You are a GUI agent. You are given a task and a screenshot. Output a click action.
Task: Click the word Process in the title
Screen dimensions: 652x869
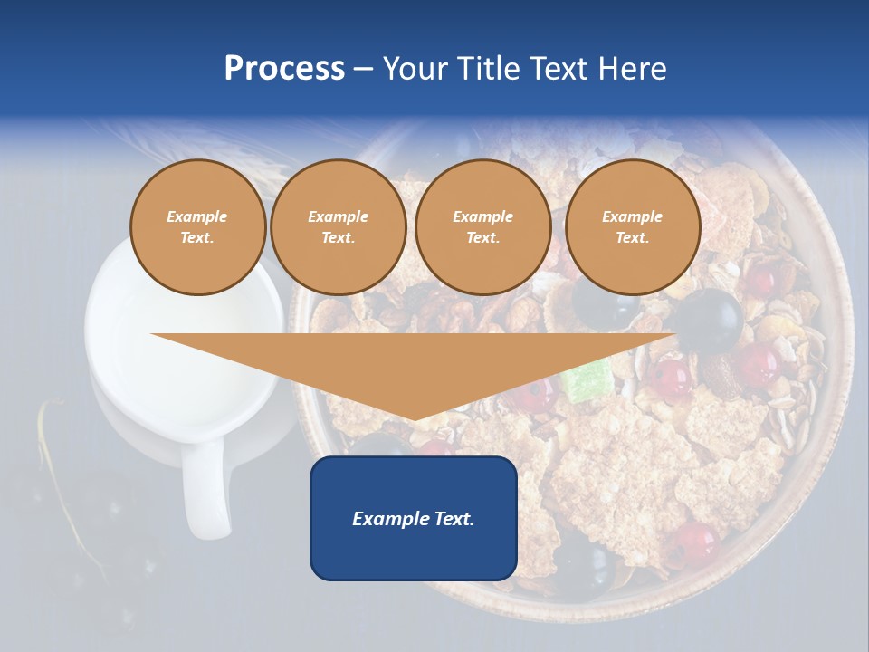[284, 69]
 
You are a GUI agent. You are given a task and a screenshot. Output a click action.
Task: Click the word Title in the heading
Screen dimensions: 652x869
[490, 69]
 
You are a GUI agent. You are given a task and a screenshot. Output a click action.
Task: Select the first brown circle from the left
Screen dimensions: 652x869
[197, 227]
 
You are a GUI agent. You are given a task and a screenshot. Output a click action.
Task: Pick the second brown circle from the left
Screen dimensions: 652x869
[338, 227]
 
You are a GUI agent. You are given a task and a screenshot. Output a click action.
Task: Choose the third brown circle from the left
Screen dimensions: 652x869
[482, 227]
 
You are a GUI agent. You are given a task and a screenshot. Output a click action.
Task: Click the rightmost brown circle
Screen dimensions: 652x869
[632, 227]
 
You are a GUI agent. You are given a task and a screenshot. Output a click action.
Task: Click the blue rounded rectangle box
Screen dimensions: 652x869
[414, 552]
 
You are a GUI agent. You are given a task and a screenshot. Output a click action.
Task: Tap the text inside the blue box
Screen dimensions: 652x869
[414, 519]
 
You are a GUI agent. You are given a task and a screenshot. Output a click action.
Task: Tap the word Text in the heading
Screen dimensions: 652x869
[566, 69]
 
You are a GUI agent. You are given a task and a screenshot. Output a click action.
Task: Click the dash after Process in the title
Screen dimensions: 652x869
[363, 70]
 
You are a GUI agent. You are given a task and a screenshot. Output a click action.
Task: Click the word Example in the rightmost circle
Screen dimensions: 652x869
[632, 216]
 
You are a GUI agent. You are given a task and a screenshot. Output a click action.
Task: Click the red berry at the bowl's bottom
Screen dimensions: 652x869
[693, 541]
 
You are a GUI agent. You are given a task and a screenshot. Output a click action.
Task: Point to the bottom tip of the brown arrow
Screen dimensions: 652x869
[415, 419]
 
